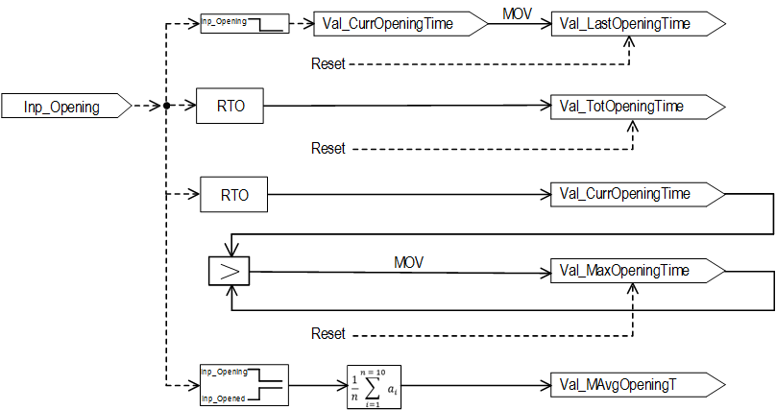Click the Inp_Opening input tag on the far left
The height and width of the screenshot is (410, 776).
(x=63, y=107)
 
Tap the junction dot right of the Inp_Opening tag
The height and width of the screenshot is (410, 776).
(x=167, y=107)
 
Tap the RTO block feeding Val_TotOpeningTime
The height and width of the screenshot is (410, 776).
(x=229, y=107)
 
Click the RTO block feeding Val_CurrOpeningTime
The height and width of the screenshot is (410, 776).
(x=233, y=195)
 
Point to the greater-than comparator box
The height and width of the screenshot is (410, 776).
(x=229, y=272)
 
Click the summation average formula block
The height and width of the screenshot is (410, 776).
(x=375, y=386)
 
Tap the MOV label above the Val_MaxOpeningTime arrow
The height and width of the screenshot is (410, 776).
(x=409, y=260)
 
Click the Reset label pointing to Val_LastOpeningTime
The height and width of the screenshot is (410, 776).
(x=328, y=64)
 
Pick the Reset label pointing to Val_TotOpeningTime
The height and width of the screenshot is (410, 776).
(x=328, y=149)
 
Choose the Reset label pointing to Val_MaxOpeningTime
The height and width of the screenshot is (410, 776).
(x=328, y=333)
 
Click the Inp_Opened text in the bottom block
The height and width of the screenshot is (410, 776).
(x=223, y=398)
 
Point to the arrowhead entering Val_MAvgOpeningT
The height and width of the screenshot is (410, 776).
(x=542, y=386)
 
